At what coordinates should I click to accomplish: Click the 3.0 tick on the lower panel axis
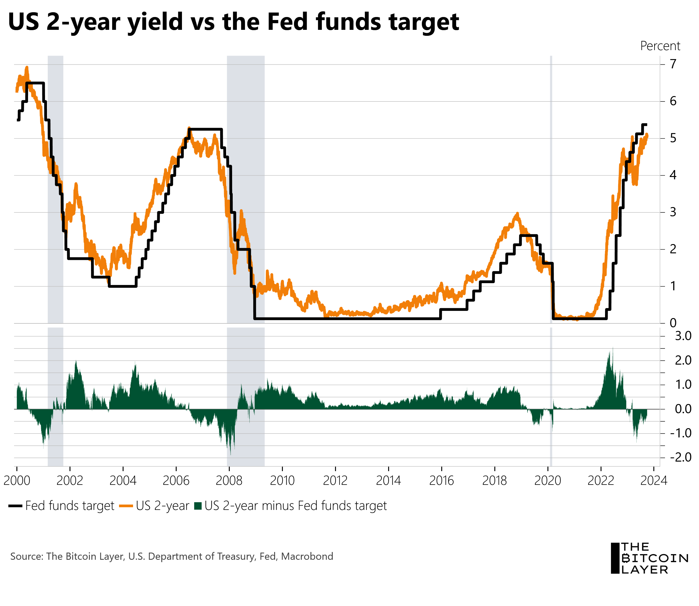tap(683, 336)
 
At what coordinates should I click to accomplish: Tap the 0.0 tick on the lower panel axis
tap(683, 409)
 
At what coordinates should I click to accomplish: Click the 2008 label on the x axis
tap(229, 481)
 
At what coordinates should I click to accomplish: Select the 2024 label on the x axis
tap(654, 481)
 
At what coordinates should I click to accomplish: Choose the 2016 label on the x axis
tap(441, 481)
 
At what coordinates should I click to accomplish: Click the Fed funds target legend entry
tap(69, 506)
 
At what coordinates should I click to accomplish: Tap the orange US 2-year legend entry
tap(162, 506)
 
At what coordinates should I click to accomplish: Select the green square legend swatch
tap(198, 506)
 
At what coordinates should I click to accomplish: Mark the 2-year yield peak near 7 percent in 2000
tap(27, 68)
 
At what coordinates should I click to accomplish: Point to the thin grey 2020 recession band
tap(551, 189)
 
